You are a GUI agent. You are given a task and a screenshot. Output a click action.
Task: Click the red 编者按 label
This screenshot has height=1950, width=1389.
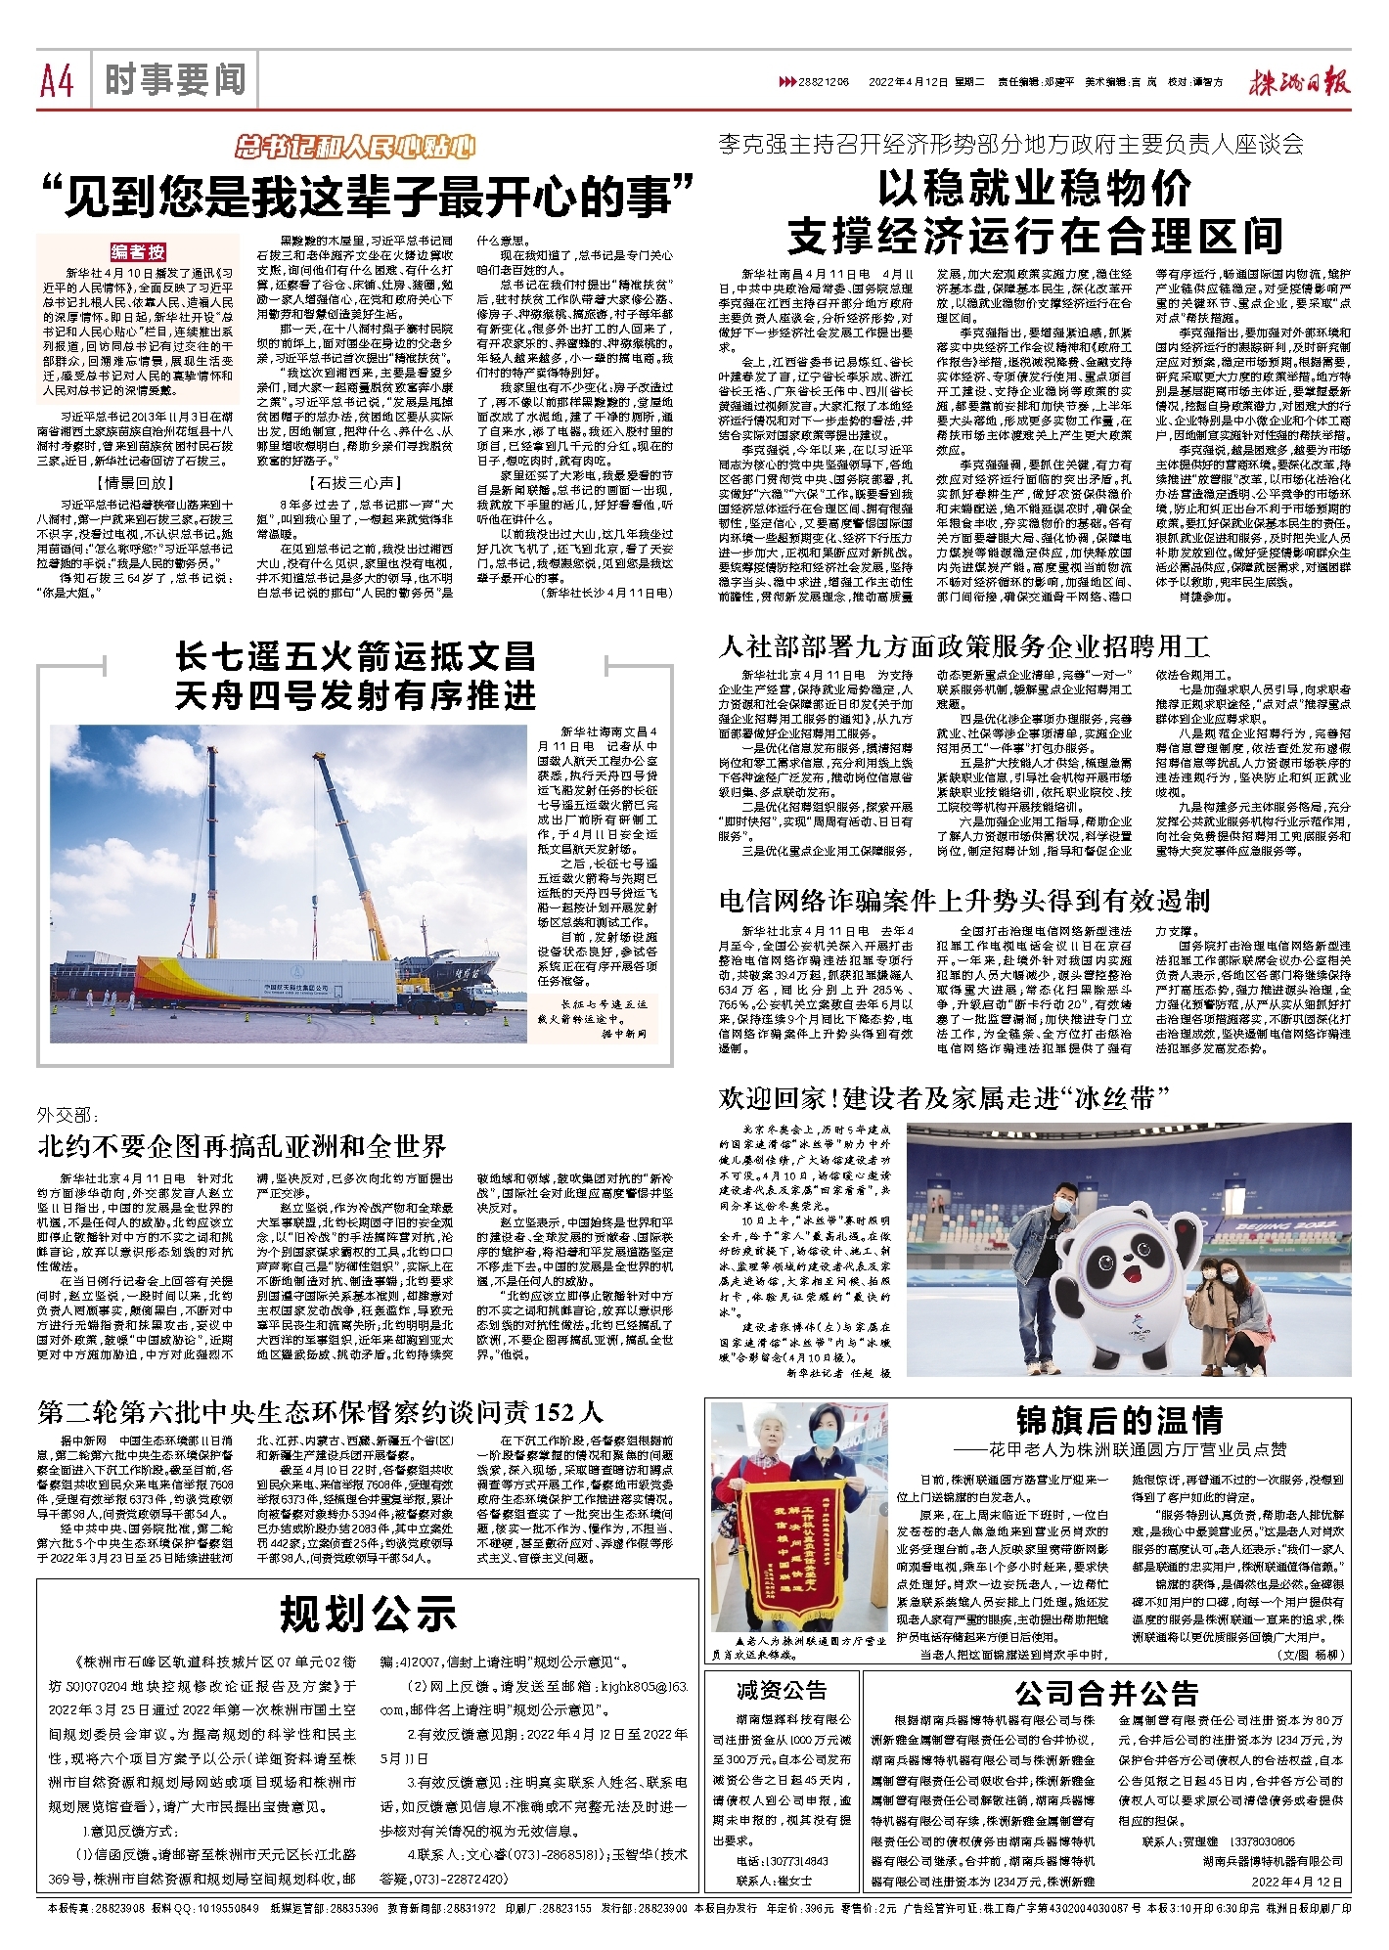point(137,252)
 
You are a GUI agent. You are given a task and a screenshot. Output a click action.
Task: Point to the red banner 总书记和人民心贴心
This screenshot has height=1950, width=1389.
point(356,148)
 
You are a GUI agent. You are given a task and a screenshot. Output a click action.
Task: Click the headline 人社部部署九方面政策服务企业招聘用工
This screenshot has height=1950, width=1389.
point(963,646)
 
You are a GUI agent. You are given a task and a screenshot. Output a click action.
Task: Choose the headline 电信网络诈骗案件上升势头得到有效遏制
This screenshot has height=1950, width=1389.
point(963,901)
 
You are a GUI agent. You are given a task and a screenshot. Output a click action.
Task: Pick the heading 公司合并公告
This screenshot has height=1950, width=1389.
point(1105,1693)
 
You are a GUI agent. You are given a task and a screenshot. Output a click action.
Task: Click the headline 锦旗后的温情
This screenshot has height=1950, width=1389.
point(1119,1421)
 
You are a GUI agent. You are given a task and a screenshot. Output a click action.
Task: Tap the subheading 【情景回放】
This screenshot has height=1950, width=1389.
point(136,483)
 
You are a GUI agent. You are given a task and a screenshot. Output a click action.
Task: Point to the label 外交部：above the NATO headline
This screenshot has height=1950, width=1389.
point(67,1116)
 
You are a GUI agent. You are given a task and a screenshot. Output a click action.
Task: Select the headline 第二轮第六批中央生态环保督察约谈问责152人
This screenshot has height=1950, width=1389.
point(321,1412)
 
